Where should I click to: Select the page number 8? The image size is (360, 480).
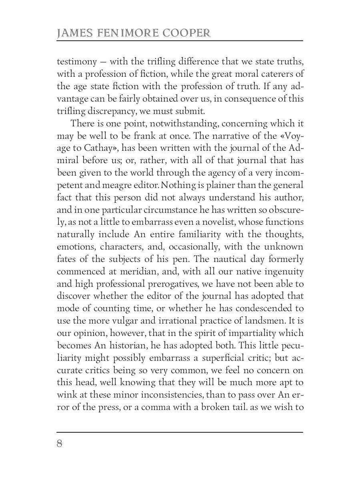pos(60,444)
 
